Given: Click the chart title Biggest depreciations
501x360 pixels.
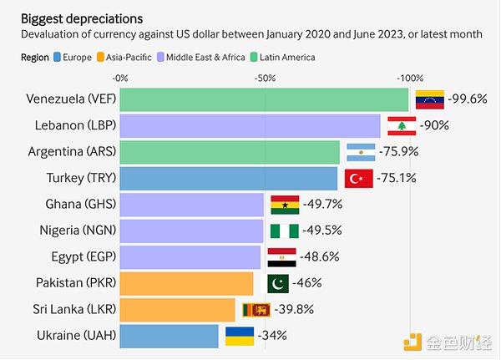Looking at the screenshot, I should click(81, 18).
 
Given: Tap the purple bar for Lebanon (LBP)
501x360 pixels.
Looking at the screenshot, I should click(250, 126).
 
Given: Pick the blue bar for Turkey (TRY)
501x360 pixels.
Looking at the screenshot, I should click(229, 178).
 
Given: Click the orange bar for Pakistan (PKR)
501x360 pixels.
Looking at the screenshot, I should click(186, 282).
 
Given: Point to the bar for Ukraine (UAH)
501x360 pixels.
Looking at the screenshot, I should click(170, 335).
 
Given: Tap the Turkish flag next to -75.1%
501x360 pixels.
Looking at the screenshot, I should click(359, 178).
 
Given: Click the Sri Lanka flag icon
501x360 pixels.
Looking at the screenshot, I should click(255, 309).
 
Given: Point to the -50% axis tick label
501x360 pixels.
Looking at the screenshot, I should click(265, 78).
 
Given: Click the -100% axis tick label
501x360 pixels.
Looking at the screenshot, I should click(409, 78).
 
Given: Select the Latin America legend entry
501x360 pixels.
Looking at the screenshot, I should click(284, 57).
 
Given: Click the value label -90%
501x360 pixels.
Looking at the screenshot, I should click(434, 125).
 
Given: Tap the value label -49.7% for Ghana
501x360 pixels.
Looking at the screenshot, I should click(317, 204).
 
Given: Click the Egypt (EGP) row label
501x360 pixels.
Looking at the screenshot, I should click(78, 256).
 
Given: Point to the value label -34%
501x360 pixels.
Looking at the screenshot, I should click(271, 335).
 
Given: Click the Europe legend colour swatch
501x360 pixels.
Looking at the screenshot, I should click(57, 57).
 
